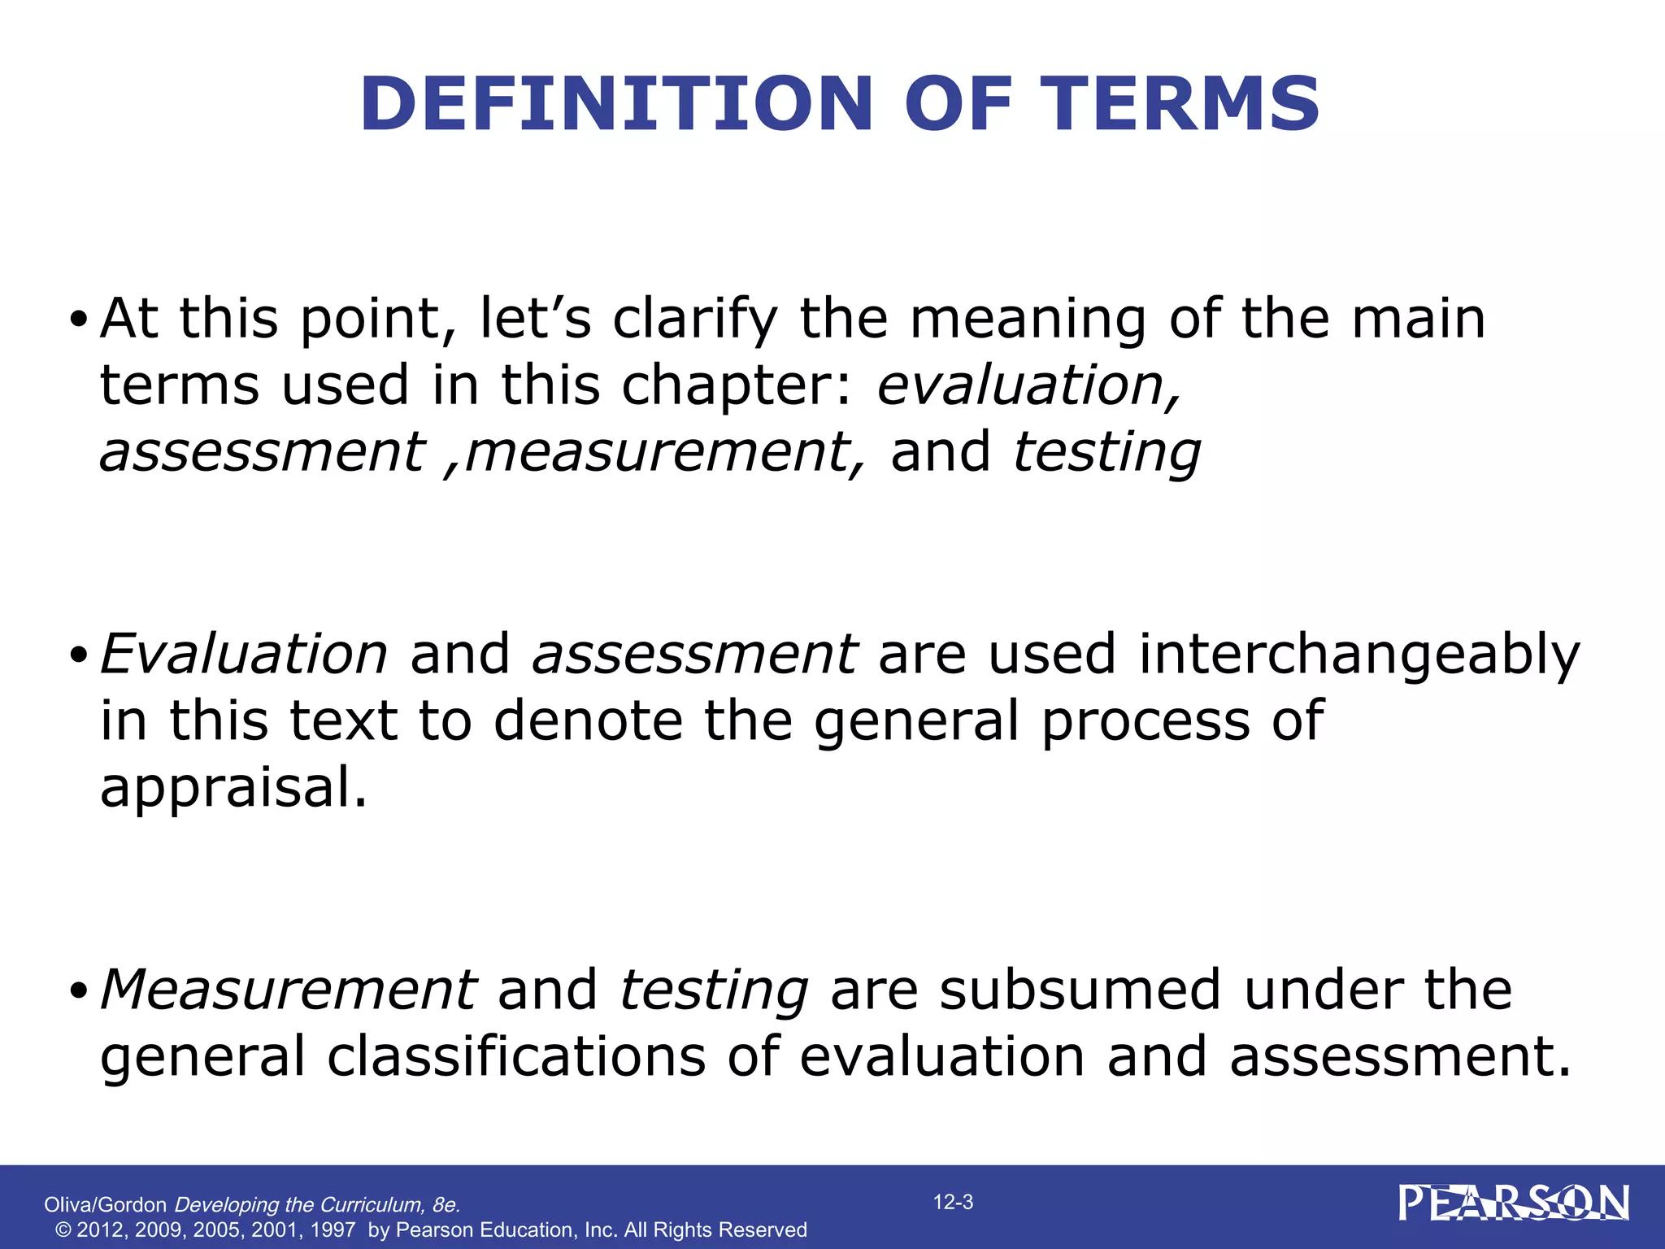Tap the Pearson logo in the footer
tap(1514, 1203)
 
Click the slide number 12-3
tap(953, 1203)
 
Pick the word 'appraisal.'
tap(234, 789)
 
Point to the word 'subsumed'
tap(1080, 990)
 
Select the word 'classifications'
tap(517, 1057)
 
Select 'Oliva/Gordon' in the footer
tap(105, 1205)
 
